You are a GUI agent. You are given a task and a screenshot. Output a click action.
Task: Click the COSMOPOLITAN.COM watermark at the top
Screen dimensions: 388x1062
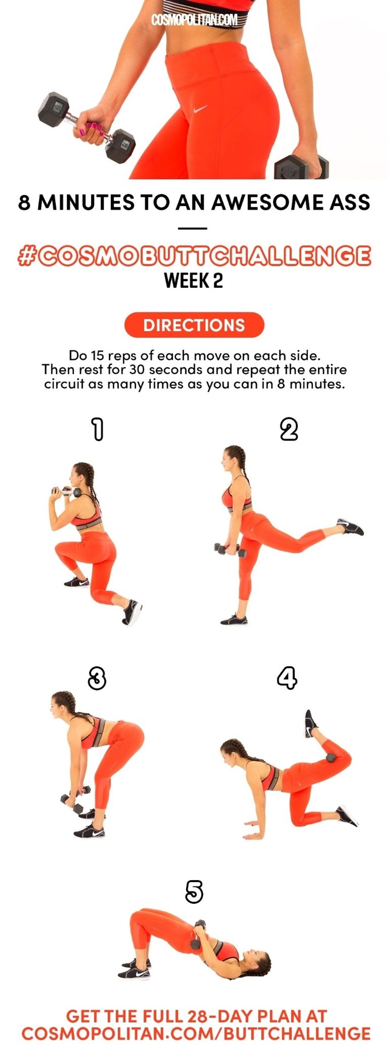[x=194, y=20]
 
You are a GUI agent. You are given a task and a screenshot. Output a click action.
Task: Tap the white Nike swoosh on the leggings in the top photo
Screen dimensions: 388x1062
[x=200, y=109]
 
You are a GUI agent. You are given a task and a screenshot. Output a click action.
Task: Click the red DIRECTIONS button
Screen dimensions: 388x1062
[x=194, y=325]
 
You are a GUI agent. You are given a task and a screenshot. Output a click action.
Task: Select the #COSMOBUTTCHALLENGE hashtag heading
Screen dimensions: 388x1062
[x=194, y=256]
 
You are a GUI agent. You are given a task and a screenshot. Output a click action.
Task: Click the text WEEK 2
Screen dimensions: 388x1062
[x=194, y=281]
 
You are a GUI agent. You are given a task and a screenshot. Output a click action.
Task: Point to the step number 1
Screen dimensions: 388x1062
[x=97, y=429]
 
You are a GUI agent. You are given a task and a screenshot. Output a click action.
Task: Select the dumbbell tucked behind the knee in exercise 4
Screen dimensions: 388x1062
[x=331, y=758]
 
